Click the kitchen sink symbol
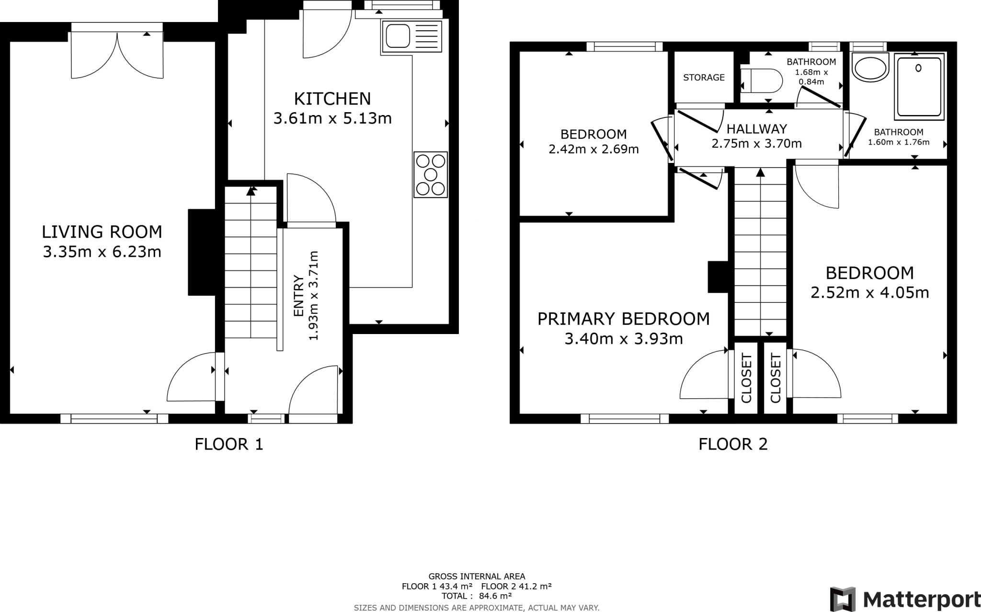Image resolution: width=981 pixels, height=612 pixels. click(411, 36)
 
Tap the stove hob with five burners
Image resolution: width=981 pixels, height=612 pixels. click(431, 175)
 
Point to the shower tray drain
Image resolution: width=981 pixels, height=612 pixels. click(918, 68)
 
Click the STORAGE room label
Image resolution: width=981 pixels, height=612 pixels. click(704, 78)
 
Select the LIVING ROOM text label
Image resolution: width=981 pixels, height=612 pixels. click(102, 232)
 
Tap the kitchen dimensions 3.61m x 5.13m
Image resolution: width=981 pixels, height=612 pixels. click(332, 118)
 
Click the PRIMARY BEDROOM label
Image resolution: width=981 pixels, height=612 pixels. click(623, 319)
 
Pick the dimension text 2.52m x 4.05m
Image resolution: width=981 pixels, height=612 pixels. click(869, 292)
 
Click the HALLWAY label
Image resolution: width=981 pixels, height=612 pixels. click(756, 129)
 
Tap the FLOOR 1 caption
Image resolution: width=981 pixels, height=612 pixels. click(229, 444)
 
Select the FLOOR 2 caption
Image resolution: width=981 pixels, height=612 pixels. click(733, 444)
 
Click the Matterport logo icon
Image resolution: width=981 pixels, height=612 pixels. click(843, 599)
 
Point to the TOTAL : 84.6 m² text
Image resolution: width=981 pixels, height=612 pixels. click(477, 596)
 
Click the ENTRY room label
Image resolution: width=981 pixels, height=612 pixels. click(298, 296)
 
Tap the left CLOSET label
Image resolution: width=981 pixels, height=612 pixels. click(746, 378)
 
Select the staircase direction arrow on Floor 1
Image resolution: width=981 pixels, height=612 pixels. click(251, 191)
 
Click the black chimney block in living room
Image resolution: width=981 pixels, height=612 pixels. click(202, 252)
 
